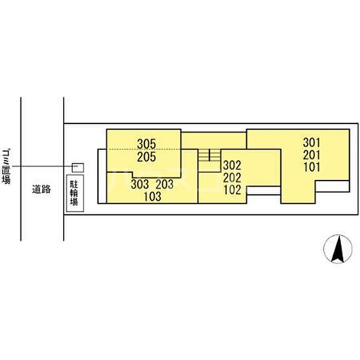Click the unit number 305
click(147, 144)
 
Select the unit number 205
click(147, 157)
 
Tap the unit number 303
click(140, 184)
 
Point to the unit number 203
click(165, 184)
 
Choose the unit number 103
click(152, 196)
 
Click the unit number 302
click(232, 165)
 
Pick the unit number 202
click(232, 178)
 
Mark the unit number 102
click(232, 190)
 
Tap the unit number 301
click(312, 143)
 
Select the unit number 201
click(312, 155)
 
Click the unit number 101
click(312, 167)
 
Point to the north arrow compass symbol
click(338, 249)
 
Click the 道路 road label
click(41, 190)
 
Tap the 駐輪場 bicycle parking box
click(75, 193)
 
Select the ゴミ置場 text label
click(6, 167)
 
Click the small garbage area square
click(78, 168)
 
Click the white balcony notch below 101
click(332, 186)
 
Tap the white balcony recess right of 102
click(263, 191)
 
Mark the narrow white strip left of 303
click(102, 176)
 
